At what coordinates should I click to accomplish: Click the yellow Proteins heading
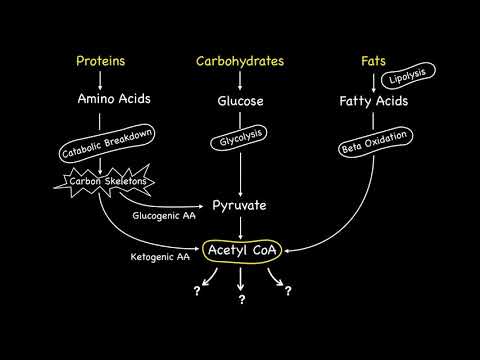100,61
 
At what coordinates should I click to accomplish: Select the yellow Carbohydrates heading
240,61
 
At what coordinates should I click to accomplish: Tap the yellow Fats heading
373,61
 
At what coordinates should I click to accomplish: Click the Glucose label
240,101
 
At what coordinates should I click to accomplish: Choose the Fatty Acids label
373,101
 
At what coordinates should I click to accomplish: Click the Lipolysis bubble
409,78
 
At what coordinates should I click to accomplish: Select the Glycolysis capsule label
240,143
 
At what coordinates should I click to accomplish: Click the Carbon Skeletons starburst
104,182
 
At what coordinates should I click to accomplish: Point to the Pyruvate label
239,205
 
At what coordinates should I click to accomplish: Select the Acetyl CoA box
240,248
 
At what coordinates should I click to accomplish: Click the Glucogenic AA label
163,215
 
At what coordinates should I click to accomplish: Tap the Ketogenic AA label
160,256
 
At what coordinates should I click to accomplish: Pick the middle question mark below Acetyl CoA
241,299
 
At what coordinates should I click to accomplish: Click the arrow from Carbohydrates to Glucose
240,80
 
